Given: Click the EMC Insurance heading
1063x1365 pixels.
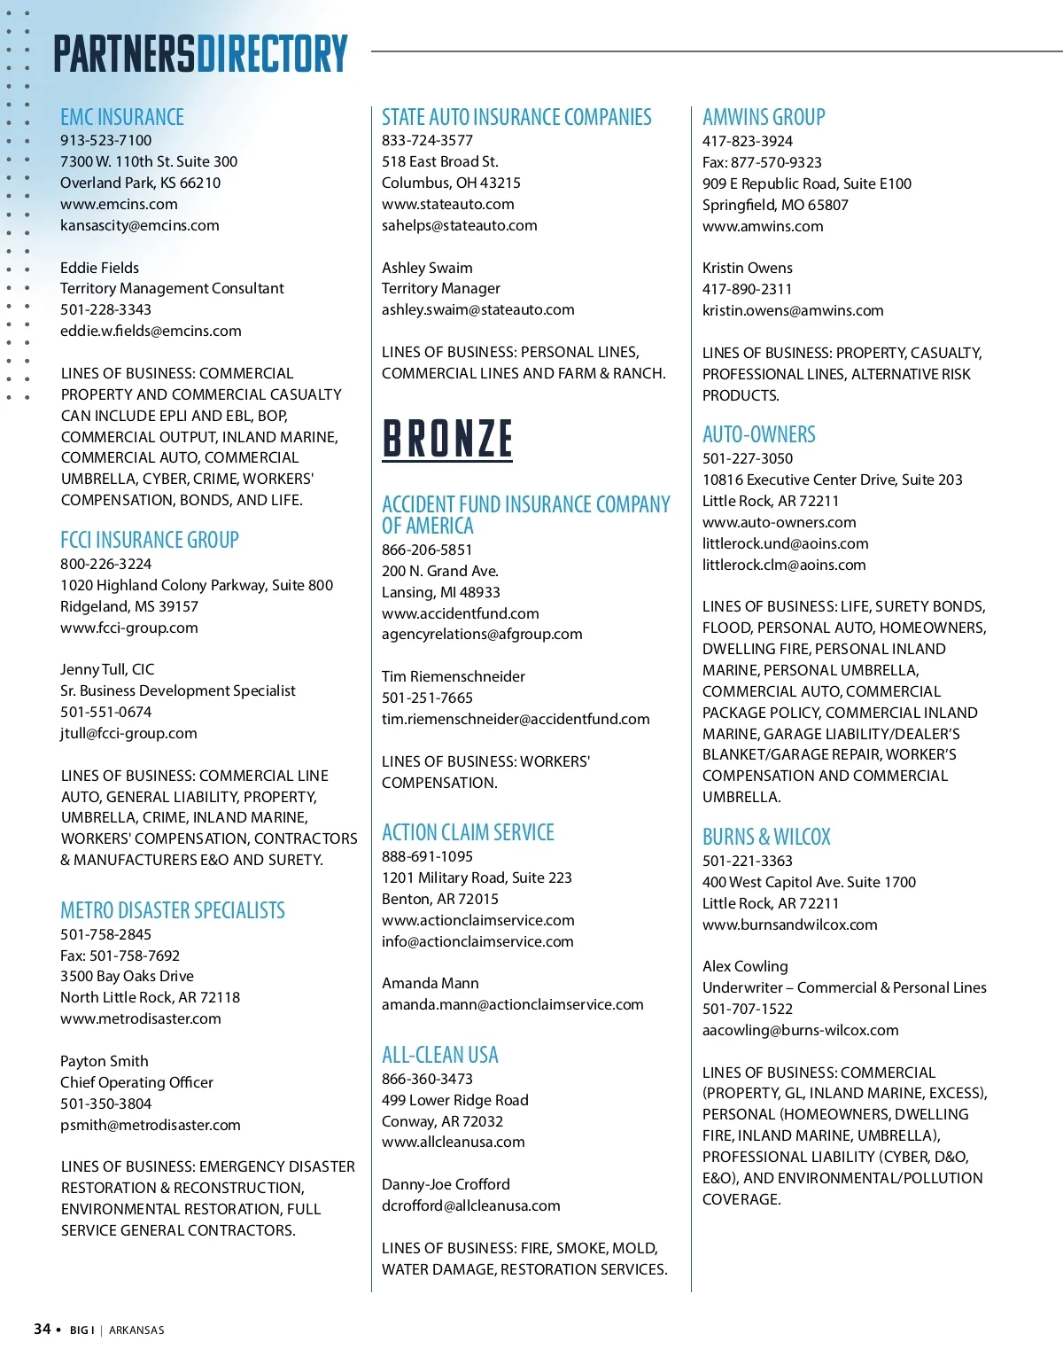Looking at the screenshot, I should click(x=122, y=117).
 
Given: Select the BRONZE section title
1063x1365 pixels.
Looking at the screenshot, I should click(x=447, y=439).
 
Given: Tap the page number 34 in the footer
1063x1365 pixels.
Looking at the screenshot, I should click(x=42, y=1329).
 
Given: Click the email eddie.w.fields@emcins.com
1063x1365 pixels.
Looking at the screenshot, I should click(x=151, y=331).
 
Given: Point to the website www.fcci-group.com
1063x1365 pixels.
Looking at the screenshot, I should click(x=129, y=628).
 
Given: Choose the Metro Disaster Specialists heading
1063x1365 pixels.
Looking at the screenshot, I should click(x=173, y=910).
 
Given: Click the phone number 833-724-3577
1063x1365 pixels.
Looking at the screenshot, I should click(x=427, y=140).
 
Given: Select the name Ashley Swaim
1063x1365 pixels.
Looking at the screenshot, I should click(x=427, y=268).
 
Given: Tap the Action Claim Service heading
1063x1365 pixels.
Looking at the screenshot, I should click(x=468, y=832).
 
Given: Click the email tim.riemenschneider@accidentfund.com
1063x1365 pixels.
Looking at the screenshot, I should click(x=516, y=719).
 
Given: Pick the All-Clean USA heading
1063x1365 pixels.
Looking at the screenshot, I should click(x=440, y=1055).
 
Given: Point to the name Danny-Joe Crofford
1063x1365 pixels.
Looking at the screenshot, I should click(x=446, y=1184).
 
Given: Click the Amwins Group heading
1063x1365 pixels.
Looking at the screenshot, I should click(x=764, y=117).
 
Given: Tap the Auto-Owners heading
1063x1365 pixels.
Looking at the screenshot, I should click(x=759, y=434).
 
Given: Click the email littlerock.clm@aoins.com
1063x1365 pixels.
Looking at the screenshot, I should click(x=784, y=565).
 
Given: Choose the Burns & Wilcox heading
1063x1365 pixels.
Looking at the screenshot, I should click(x=766, y=837).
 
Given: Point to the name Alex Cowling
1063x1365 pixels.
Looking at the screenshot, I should click(x=745, y=966).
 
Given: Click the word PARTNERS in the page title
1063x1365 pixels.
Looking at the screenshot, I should click(x=124, y=54).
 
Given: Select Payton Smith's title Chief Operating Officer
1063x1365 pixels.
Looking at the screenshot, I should click(x=136, y=1082).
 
